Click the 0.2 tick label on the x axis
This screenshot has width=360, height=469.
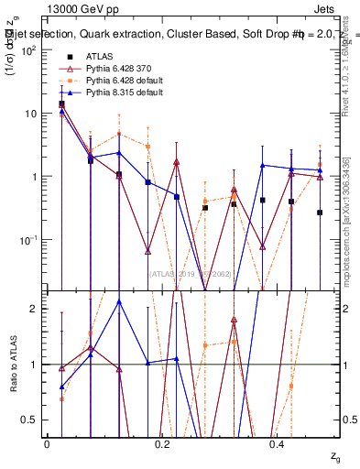(163, 444)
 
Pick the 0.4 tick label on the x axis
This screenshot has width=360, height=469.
(278, 444)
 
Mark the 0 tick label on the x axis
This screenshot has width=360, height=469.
(47, 444)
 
